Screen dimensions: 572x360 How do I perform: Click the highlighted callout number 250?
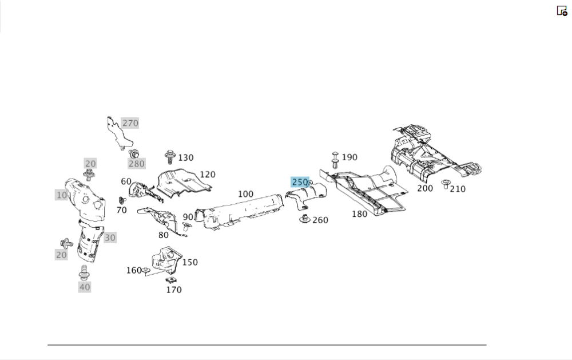click(300, 182)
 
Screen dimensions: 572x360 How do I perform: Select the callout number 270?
click(130, 123)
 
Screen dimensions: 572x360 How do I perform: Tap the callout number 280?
click(137, 164)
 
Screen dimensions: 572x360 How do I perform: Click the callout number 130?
click(186, 158)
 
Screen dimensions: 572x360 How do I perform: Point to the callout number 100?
click(245, 194)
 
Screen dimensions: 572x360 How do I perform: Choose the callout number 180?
click(359, 214)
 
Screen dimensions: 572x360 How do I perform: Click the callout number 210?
click(458, 189)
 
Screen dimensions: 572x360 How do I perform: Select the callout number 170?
click(174, 290)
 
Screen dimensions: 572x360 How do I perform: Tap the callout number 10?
click(61, 195)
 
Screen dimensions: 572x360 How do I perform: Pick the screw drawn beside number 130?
click(169, 157)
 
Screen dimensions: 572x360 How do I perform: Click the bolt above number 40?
click(84, 273)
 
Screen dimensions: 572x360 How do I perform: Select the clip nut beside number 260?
click(305, 219)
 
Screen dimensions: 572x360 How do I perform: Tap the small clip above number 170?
click(170, 280)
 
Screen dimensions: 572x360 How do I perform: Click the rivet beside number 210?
click(445, 184)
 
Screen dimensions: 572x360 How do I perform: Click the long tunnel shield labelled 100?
click(239, 213)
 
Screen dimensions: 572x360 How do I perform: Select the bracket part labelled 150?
click(166, 260)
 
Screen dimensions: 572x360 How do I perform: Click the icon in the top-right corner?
click(562, 10)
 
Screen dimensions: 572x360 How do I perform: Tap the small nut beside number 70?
click(122, 200)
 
